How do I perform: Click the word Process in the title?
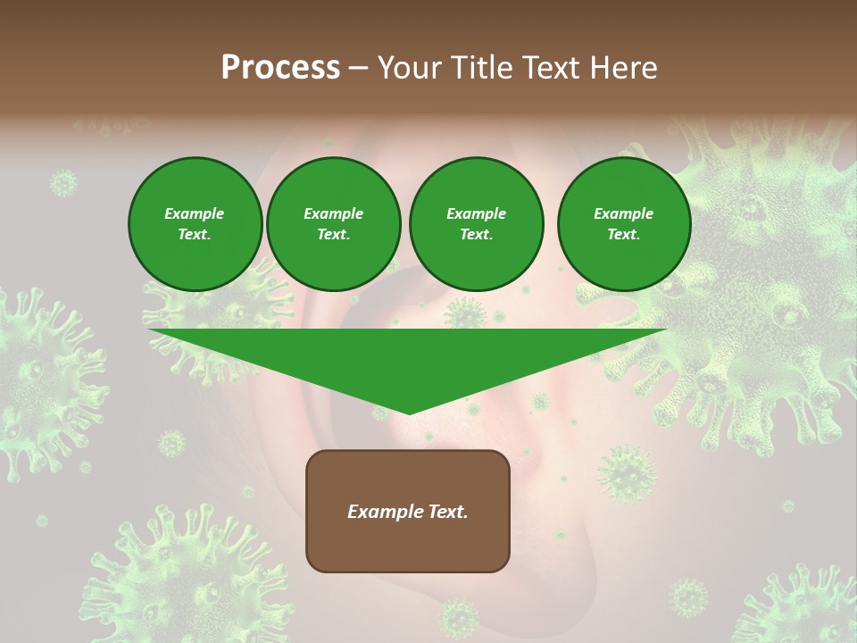pyautogui.click(x=280, y=68)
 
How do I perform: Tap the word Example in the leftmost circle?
pyautogui.click(x=195, y=213)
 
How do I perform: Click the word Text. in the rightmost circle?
pyautogui.click(x=623, y=234)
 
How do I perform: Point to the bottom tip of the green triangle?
pyautogui.click(x=408, y=413)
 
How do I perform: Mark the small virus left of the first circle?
pyautogui.click(x=63, y=183)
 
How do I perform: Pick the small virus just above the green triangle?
pyautogui.click(x=463, y=313)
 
